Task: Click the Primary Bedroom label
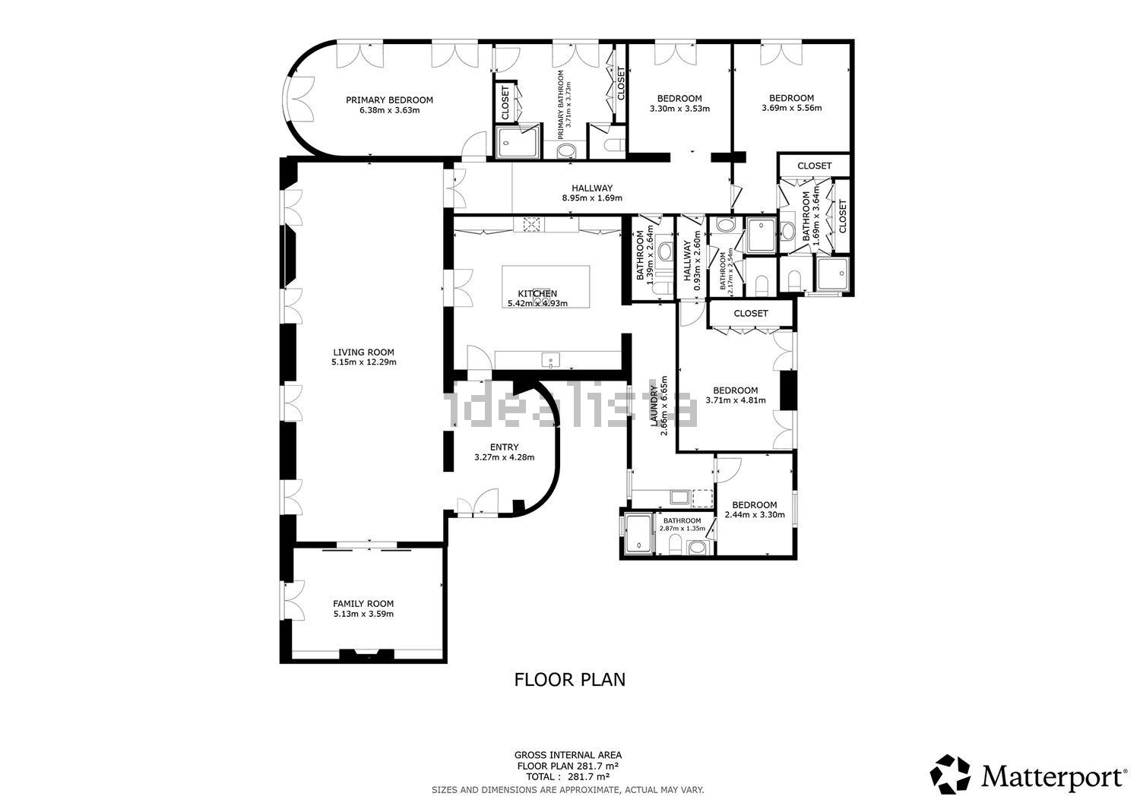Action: click(389, 100)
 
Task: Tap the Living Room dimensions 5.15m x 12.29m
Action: click(363, 362)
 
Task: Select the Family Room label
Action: click(363, 604)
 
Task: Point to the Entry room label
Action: click(504, 447)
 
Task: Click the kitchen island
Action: click(546, 285)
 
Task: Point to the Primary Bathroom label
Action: click(562, 104)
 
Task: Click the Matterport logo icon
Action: click(951, 775)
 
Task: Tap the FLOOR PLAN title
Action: click(569, 679)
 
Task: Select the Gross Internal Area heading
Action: click(568, 755)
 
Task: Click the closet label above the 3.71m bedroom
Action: click(751, 313)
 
